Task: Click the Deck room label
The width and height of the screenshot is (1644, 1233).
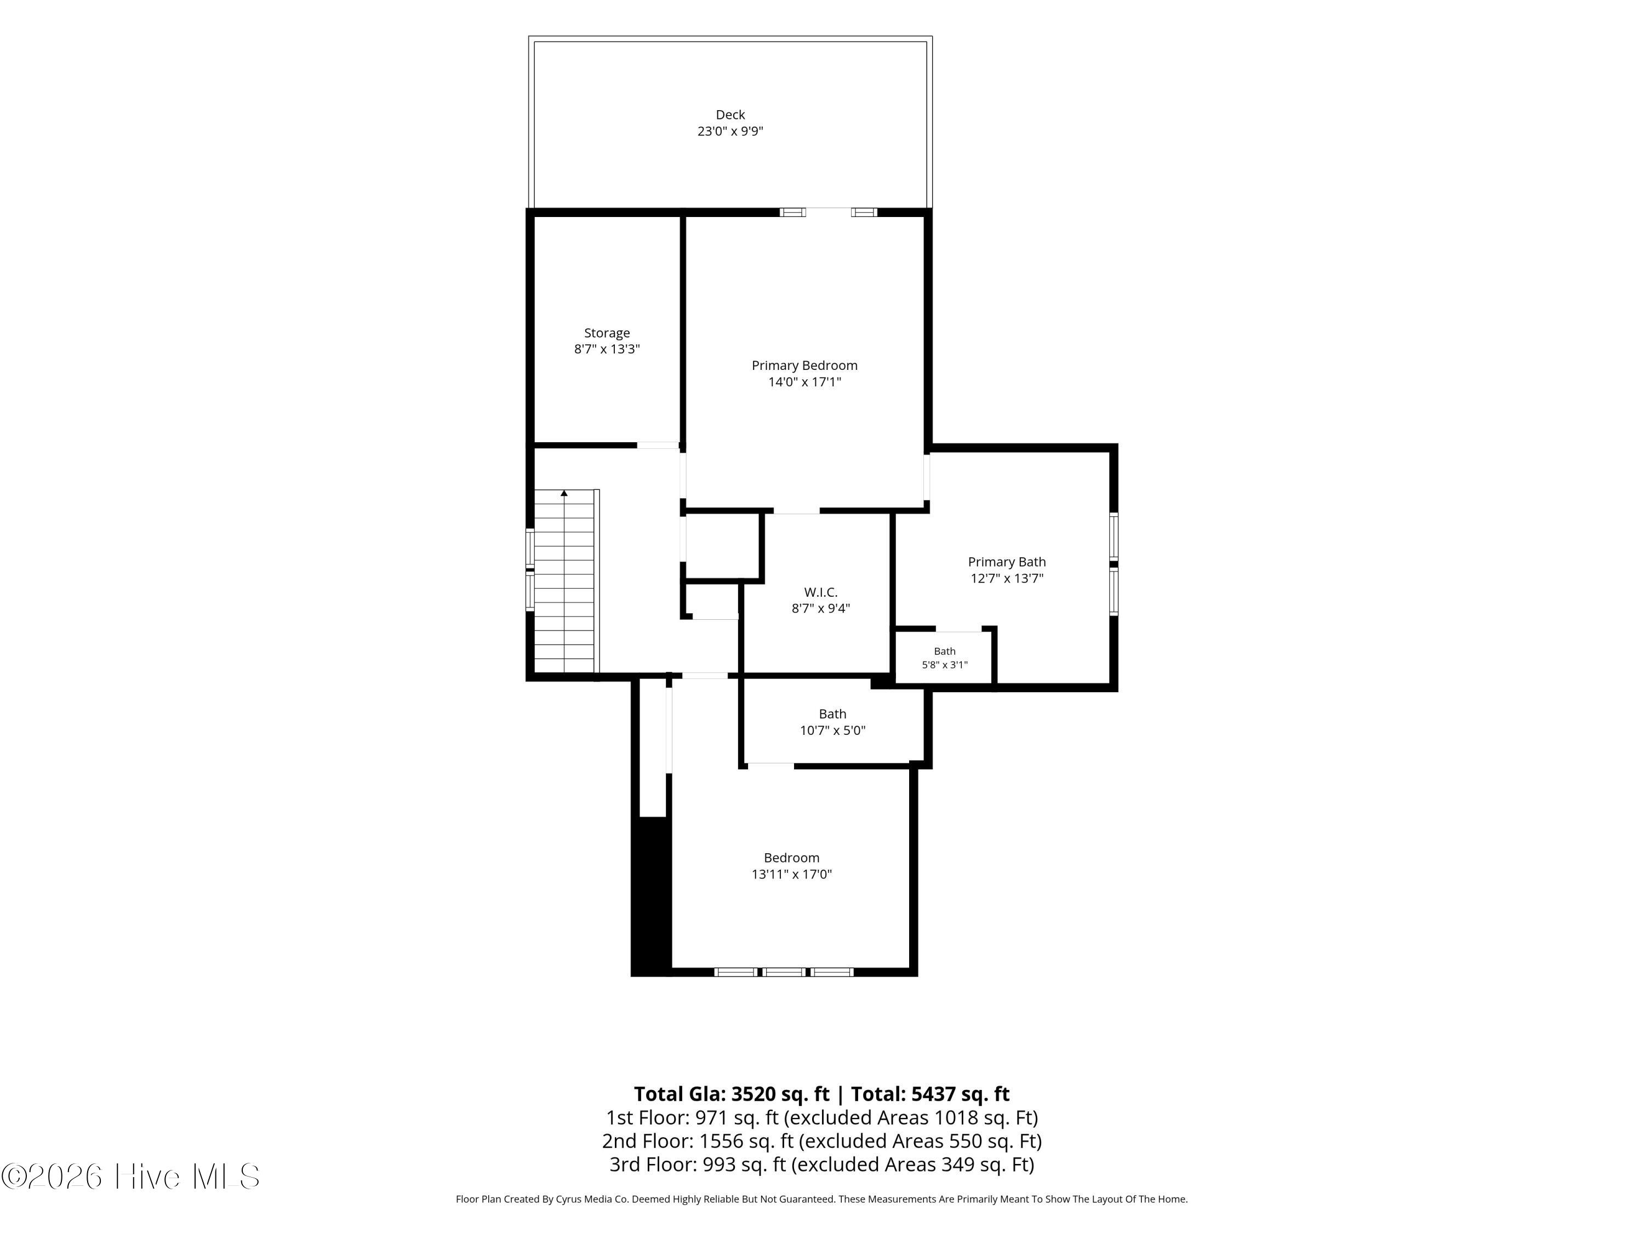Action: [x=730, y=115]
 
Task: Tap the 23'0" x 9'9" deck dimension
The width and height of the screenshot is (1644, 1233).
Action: [x=730, y=132]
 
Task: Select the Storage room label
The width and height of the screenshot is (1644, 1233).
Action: [x=607, y=333]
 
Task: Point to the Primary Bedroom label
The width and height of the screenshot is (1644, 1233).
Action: [x=804, y=366]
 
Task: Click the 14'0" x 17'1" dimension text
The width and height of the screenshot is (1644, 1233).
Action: [x=804, y=382]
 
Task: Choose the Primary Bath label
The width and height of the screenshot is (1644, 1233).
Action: [x=1006, y=562]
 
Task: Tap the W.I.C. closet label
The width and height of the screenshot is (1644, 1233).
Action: [x=820, y=592]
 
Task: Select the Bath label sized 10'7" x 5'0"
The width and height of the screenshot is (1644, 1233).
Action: [x=832, y=714]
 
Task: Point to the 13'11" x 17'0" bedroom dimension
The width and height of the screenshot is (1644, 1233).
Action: [x=791, y=874]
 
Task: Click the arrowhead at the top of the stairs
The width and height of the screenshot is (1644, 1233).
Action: [x=564, y=493]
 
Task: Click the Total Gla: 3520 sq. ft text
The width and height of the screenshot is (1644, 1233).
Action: [x=732, y=1094]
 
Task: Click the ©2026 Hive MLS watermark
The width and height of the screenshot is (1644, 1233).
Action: [x=131, y=1177]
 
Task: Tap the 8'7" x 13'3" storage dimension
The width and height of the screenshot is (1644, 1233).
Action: [x=607, y=349]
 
